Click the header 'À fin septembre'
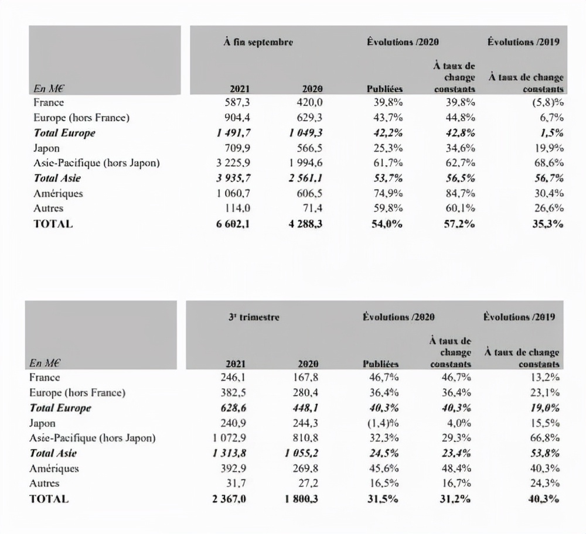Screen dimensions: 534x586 (x=258, y=42)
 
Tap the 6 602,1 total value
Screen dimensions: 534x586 (x=234, y=223)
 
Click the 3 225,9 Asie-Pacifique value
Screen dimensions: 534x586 (x=233, y=163)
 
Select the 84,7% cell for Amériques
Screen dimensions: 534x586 (x=459, y=193)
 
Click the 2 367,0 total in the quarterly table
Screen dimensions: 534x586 (x=233, y=499)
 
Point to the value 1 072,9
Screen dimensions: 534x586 (x=233, y=438)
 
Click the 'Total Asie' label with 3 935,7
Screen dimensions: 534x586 (x=57, y=178)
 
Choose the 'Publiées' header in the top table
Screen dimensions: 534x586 (x=384, y=89)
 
